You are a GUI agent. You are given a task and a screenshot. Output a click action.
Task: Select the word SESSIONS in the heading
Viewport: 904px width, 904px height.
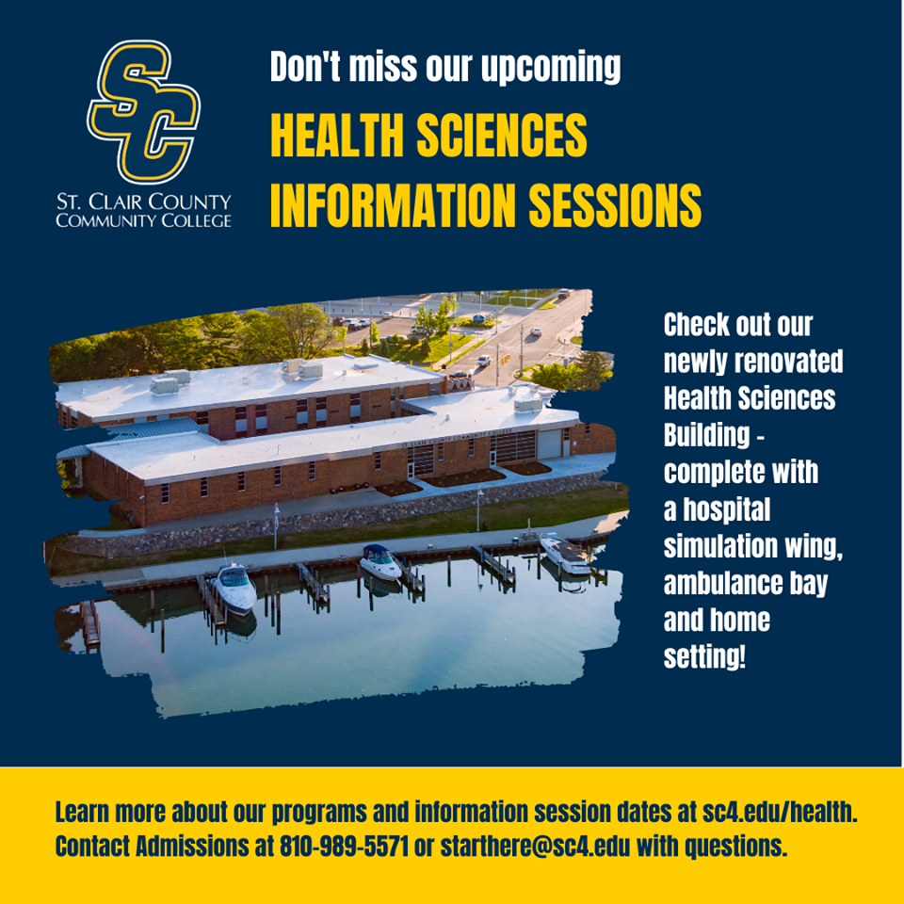point(615,206)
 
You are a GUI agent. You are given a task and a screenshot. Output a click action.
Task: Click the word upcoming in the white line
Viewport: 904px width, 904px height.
point(551,68)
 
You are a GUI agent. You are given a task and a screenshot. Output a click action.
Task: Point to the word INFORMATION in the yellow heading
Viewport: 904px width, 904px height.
point(393,206)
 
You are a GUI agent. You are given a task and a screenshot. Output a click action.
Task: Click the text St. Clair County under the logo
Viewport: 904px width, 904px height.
point(143,202)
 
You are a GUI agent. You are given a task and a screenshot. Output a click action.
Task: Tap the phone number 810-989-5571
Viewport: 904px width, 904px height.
point(344,847)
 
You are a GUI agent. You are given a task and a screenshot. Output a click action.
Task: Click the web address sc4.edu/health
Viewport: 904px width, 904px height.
point(780,812)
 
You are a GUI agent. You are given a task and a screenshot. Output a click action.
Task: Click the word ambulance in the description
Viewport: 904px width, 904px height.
point(720,584)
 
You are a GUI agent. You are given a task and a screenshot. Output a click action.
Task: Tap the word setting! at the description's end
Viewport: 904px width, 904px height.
point(704,658)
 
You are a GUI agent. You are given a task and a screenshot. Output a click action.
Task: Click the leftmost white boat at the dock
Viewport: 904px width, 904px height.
point(234,587)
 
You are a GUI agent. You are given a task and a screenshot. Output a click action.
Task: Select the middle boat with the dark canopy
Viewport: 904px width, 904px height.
point(379,561)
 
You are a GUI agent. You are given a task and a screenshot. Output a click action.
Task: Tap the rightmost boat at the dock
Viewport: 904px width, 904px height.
point(566,554)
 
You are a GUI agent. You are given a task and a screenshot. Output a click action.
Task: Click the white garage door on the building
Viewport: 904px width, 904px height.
point(550,444)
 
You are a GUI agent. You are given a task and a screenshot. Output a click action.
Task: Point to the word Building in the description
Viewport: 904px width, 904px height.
point(706,435)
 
